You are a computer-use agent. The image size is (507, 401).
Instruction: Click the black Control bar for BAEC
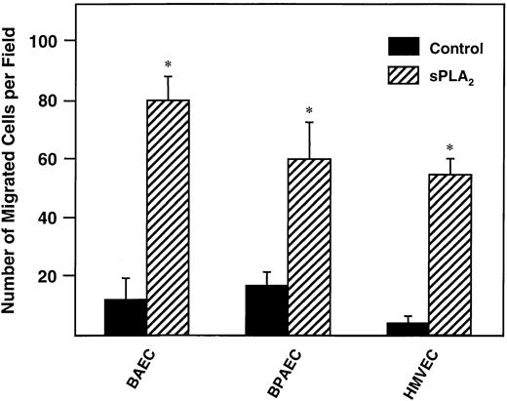click(126, 317)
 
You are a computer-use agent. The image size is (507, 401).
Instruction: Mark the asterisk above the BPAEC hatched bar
click(309, 110)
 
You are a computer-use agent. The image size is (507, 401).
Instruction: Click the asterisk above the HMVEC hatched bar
click(449, 149)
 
